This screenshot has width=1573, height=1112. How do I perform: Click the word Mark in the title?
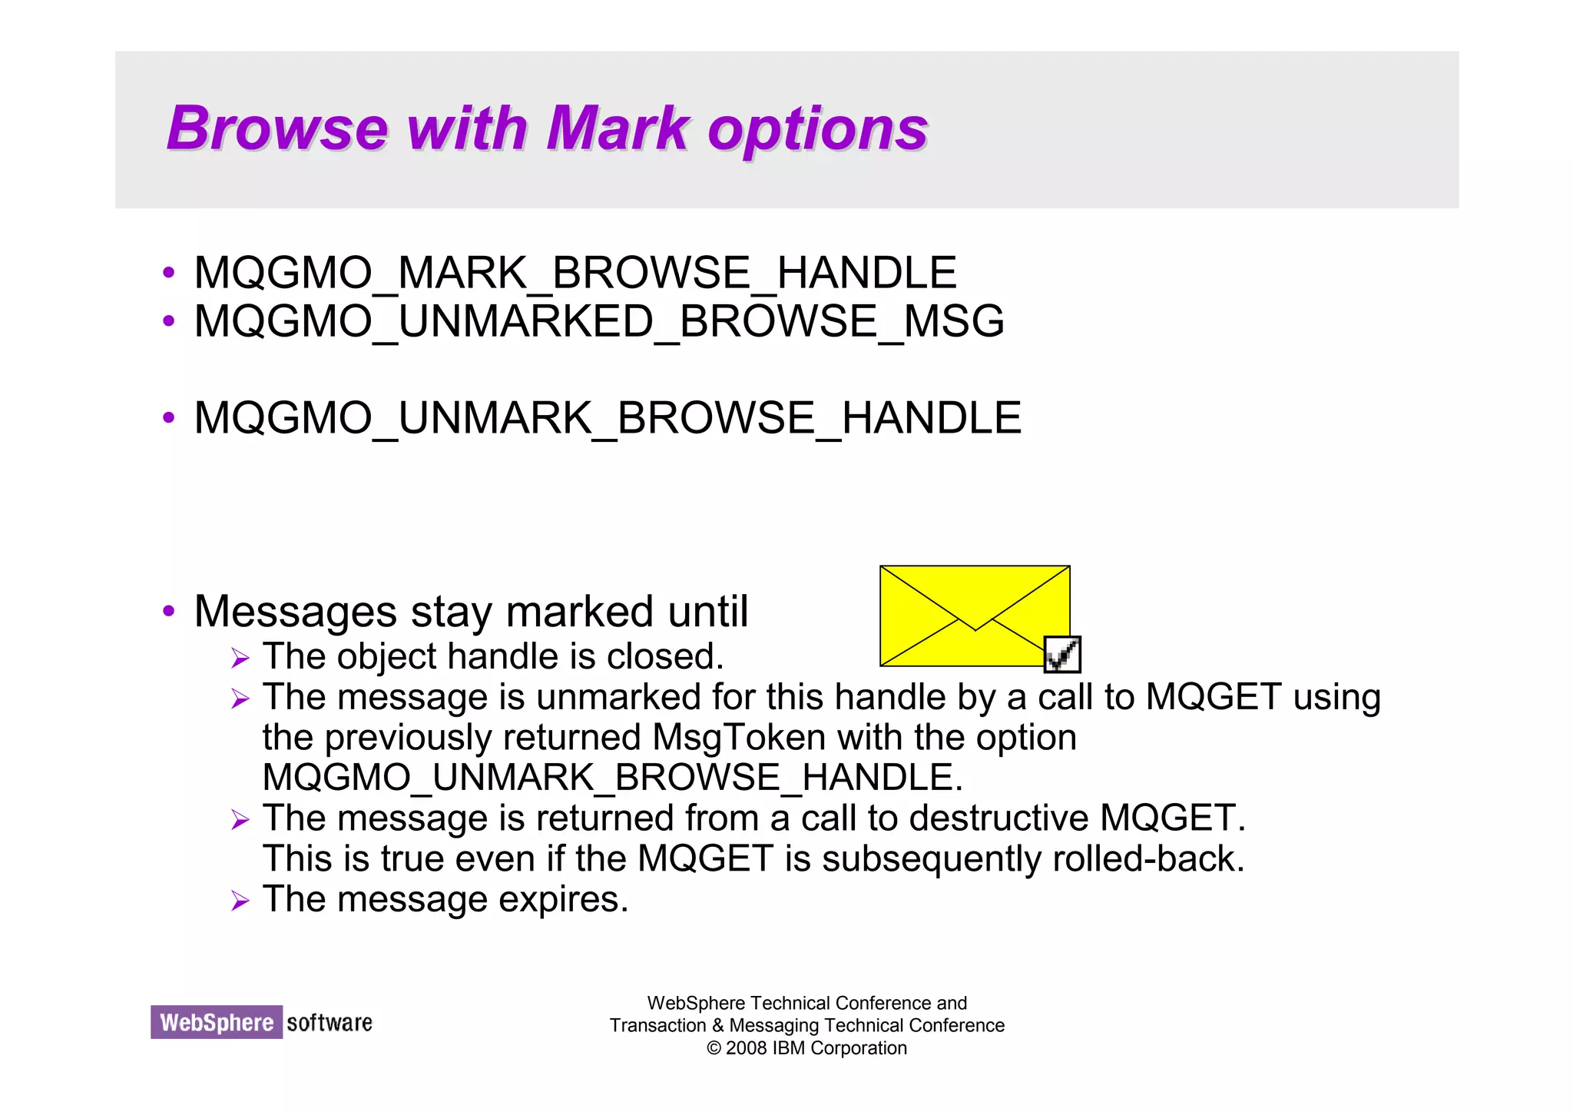click(618, 128)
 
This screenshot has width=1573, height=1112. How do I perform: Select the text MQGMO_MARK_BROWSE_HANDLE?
click(575, 273)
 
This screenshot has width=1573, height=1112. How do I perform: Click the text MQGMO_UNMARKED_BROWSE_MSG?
click(599, 321)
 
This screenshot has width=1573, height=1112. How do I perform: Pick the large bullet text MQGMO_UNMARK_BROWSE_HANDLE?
click(608, 418)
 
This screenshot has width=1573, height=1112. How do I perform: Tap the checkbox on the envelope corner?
click(1063, 654)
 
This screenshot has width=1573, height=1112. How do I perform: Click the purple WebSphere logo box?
click(217, 1022)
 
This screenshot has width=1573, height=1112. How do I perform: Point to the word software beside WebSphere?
click(330, 1023)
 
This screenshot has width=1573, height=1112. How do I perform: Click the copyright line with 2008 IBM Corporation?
click(806, 1048)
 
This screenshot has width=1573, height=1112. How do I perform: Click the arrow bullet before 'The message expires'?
click(240, 901)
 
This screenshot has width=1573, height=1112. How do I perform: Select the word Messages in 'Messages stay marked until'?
click(296, 612)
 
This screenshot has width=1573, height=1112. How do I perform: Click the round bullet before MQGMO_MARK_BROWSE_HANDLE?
click(169, 273)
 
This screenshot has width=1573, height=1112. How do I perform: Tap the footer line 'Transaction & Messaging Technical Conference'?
click(806, 1025)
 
